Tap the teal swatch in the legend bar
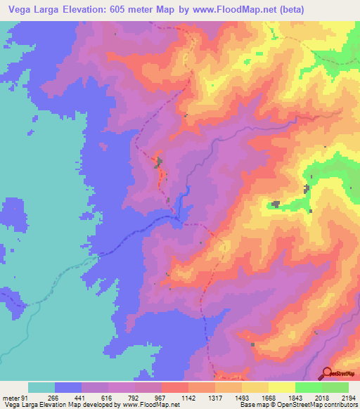click(x=41, y=387)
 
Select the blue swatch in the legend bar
click(x=68, y=387)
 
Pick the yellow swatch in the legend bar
click(x=282, y=387)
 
